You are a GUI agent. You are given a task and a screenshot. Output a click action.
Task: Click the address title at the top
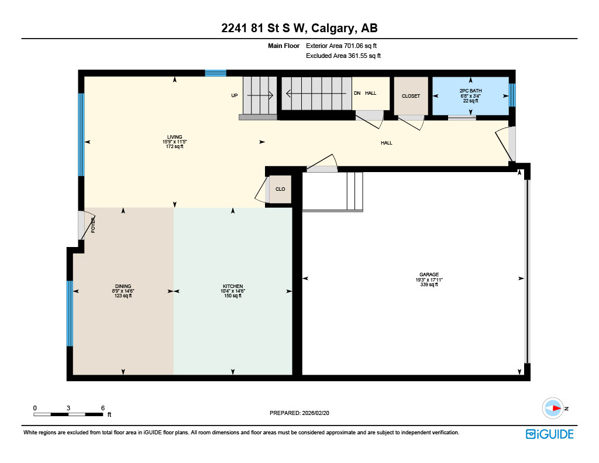click(x=299, y=29)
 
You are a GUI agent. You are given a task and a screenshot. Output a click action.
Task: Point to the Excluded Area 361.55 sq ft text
click(x=343, y=56)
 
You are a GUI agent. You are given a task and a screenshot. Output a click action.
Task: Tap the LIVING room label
click(x=173, y=142)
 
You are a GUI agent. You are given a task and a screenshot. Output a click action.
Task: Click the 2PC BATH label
click(x=470, y=95)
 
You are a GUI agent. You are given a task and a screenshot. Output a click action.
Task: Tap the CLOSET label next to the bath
click(x=411, y=96)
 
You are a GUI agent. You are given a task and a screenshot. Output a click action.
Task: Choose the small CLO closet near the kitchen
click(x=280, y=190)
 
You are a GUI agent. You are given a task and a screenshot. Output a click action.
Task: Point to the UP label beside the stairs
click(x=235, y=95)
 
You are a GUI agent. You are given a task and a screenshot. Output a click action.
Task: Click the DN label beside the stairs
click(x=357, y=93)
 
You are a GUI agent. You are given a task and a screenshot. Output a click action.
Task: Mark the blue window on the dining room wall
click(x=70, y=314)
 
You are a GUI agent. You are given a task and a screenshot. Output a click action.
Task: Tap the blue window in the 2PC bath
click(x=512, y=95)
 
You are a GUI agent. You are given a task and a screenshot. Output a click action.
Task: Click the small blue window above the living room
click(x=215, y=73)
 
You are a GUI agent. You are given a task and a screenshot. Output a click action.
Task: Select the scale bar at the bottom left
click(x=68, y=414)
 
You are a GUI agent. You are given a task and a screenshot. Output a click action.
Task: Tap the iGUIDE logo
click(x=549, y=434)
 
